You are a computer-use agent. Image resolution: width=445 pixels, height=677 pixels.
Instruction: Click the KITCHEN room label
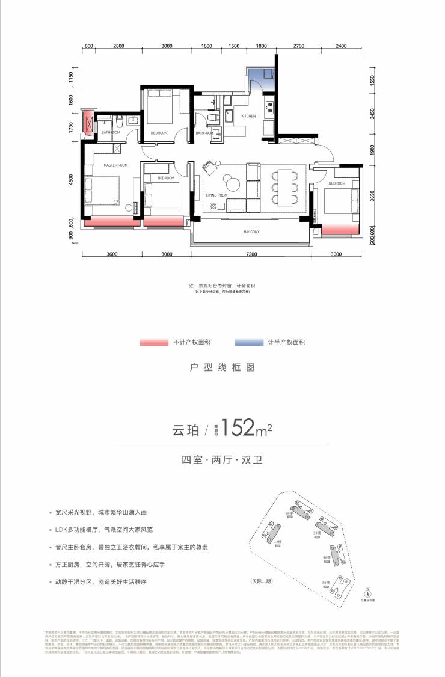(x=248, y=116)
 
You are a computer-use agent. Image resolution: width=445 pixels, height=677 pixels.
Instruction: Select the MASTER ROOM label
(x=115, y=165)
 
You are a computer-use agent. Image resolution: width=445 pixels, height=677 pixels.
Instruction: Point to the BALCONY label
(x=251, y=232)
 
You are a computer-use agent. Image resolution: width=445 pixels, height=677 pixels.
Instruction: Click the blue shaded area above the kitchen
(x=260, y=76)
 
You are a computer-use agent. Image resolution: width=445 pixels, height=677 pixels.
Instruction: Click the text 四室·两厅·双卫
(x=222, y=461)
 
